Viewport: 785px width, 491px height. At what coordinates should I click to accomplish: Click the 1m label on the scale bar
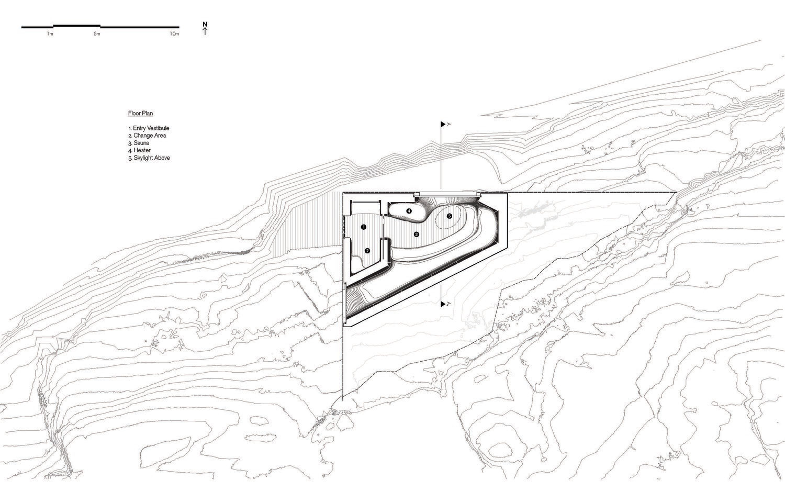tap(50, 34)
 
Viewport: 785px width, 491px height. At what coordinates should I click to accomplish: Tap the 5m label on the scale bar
tap(97, 34)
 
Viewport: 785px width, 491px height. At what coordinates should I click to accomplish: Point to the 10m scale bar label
tap(174, 34)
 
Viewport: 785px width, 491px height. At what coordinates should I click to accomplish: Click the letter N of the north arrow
tap(205, 24)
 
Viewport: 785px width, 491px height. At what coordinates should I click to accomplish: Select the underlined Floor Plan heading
tap(140, 113)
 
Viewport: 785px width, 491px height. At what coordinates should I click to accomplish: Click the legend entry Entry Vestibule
tap(149, 128)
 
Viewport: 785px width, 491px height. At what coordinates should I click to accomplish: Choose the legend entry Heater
tap(140, 150)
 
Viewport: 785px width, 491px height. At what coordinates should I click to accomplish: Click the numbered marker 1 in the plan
tap(363, 227)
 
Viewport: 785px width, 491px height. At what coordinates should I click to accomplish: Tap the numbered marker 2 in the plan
tap(367, 251)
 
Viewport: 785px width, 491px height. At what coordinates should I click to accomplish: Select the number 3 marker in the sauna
tap(416, 234)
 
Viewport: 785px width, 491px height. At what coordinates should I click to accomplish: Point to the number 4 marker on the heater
tap(409, 211)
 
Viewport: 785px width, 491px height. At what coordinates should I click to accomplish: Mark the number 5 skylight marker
tap(449, 216)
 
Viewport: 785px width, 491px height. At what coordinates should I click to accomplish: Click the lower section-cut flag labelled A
tap(444, 304)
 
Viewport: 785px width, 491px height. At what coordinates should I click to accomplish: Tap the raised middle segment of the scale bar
tap(76, 25)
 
